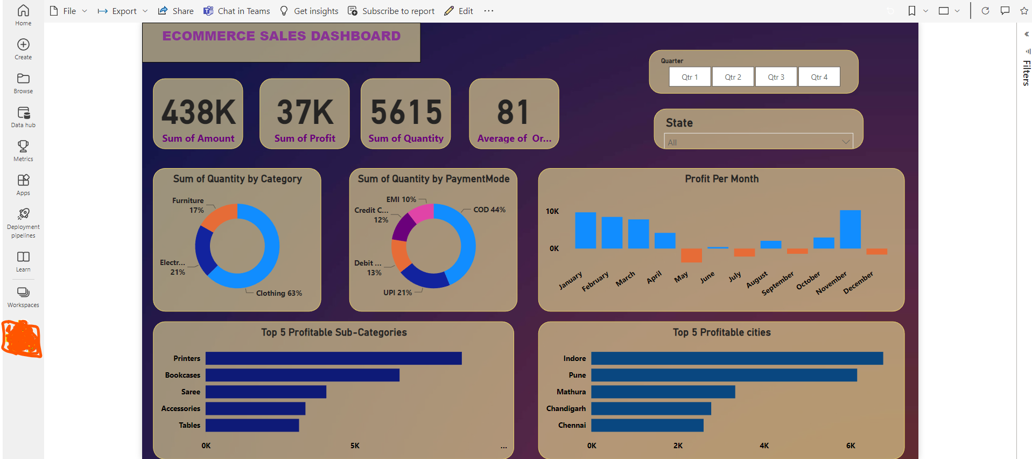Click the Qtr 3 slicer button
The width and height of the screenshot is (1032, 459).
pyautogui.click(x=776, y=77)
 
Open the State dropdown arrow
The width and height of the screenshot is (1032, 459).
pyautogui.click(x=846, y=142)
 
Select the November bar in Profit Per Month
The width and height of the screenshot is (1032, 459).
pyautogui.click(x=850, y=229)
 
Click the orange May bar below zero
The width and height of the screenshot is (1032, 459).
pyautogui.click(x=691, y=255)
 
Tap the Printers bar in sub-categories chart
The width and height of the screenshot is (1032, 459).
pyautogui.click(x=333, y=358)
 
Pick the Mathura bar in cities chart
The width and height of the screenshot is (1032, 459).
pyautogui.click(x=663, y=392)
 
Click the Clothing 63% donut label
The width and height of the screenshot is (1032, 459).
pyautogui.click(x=279, y=293)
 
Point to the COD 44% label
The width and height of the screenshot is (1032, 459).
pyautogui.click(x=489, y=210)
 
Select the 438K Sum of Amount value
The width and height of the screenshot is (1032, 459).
pyautogui.click(x=199, y=112)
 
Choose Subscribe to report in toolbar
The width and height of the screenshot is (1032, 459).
pyautogui.click(x=391, y=11)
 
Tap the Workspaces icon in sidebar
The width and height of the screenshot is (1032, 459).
pyautogui.click(x=23, y=296)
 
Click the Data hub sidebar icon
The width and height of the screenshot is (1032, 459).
pyautogui.click(x=23, y=116)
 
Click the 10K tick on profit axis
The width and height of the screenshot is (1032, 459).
pyautogui.click(x=552, y=211)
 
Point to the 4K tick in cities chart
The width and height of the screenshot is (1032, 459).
pyautogui.click(x=764, y=446)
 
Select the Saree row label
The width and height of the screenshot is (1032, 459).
pyautogui.click(x=191, y=392)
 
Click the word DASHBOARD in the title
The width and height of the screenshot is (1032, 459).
pyautogui.click(x=355, y=36)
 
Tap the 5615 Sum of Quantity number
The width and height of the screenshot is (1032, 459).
pyautogui.click(x=406, y=112)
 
